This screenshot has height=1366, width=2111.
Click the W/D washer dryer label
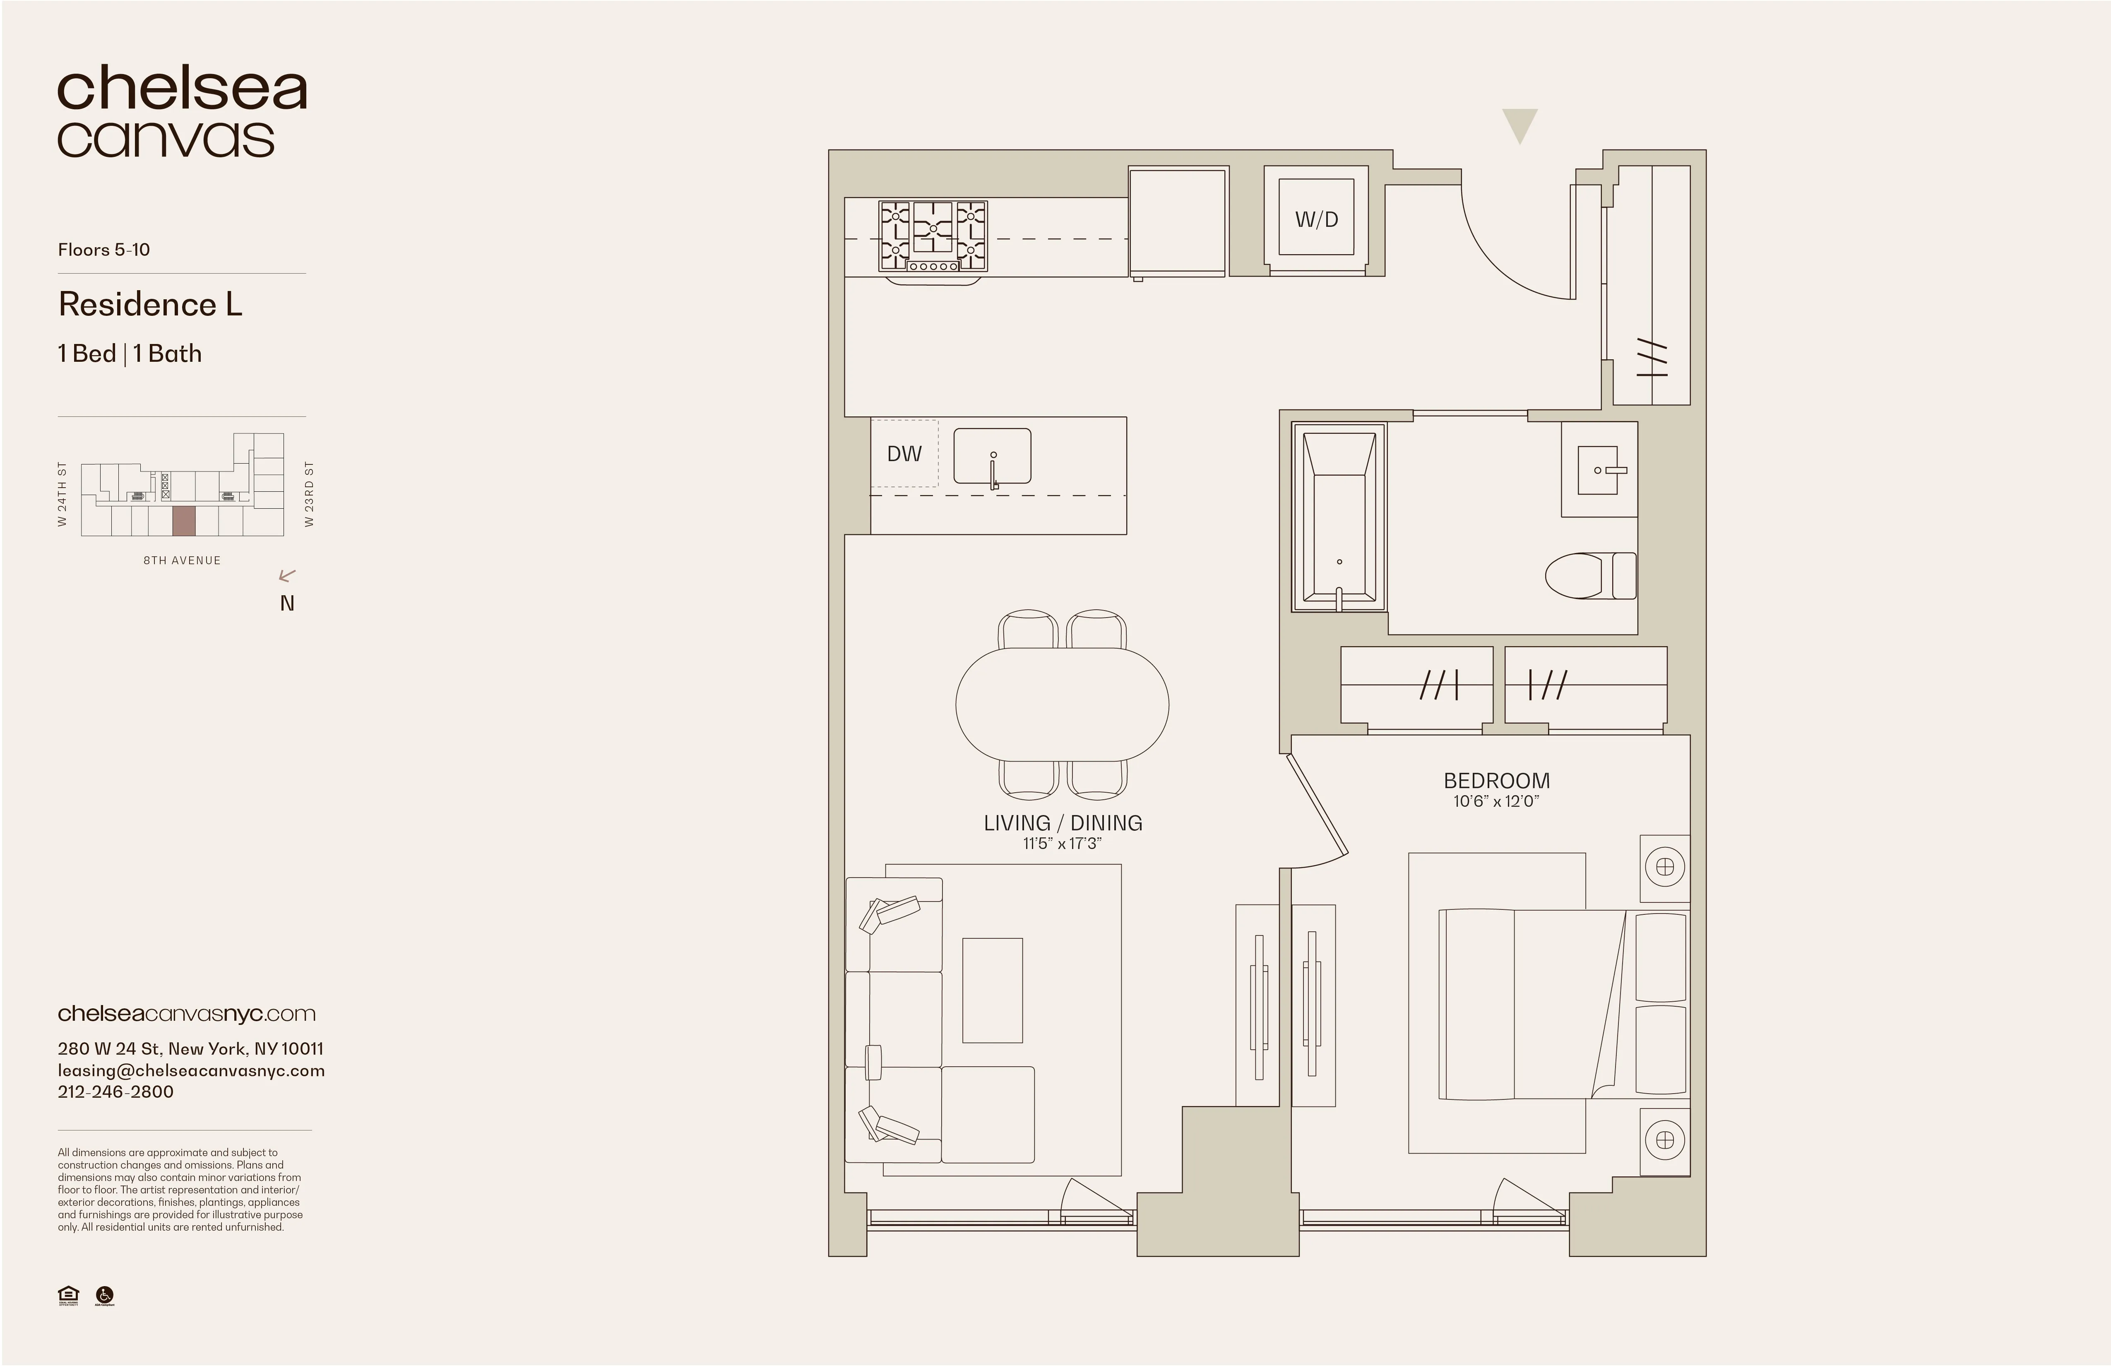click(x=1316, y=219)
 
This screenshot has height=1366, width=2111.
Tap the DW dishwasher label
click(x=904, y=453)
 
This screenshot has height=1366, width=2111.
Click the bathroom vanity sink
click(x=1599, y=469)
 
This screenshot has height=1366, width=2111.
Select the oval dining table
click(x=1062, y=703)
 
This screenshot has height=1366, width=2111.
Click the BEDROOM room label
click(x=1496, y=781)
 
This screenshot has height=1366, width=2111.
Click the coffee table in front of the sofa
click(x=993, y=990)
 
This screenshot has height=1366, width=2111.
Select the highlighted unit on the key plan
click(x=184, y=521)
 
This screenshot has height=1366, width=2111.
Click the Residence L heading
click(x=150, y=304)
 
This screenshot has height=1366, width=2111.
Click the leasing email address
click(x=191, y=1070)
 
